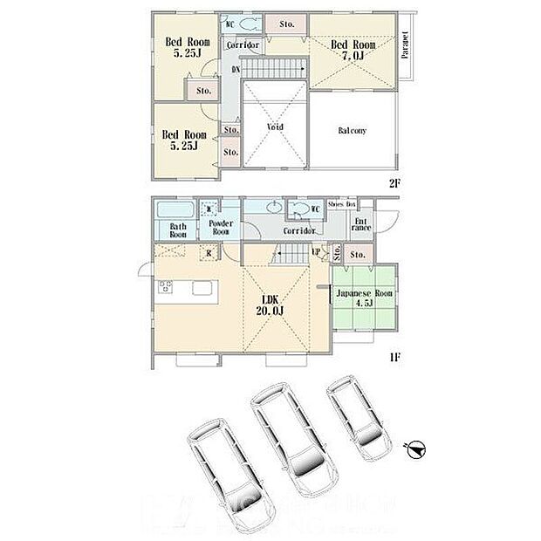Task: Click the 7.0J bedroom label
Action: point(353,51)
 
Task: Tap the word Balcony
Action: point(352,131)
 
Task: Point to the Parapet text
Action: point(406,45)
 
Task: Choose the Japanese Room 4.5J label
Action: point(366,299)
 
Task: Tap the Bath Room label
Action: point(178,230)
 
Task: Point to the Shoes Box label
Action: point(340,204)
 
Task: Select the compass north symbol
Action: point(417,449)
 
